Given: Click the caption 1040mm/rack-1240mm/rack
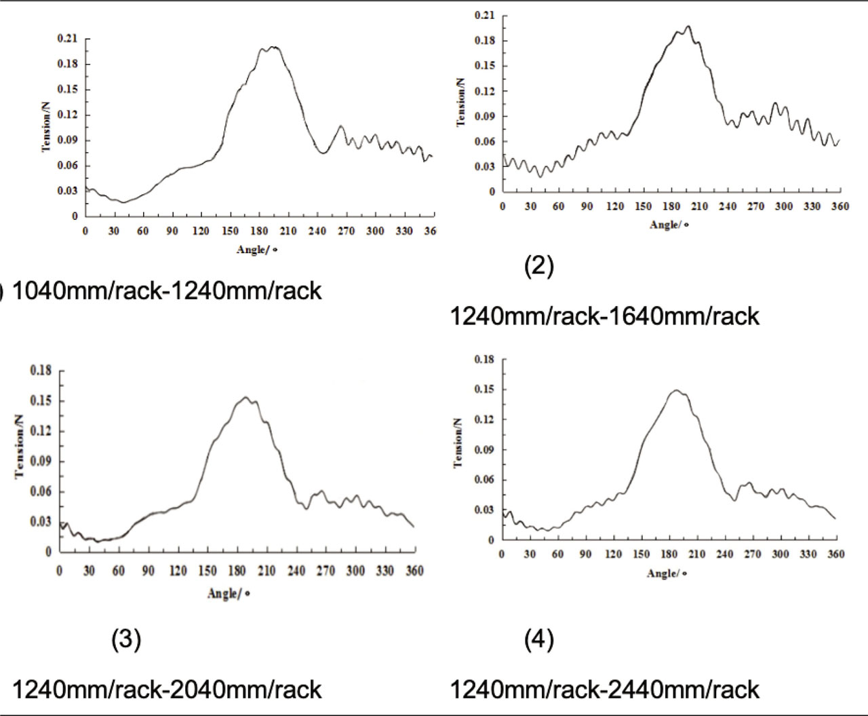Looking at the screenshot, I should click(x=166, y=290).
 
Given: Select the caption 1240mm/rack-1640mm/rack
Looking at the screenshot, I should click(x=604, y=316).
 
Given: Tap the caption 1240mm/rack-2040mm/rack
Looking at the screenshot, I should click(x=166, y=690).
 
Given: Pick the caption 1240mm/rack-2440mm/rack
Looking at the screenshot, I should click(x=604, y=690).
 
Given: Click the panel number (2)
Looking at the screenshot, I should click(x=539, y=266).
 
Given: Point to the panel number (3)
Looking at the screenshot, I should click(x=126, y=639).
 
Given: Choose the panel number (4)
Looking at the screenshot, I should click(x=539, y=639).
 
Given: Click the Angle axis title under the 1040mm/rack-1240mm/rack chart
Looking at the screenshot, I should click(x=257, y=250).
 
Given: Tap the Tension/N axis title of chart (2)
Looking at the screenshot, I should click(x=461, y=102).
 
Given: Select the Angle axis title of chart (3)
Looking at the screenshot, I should click(x=229, y=594).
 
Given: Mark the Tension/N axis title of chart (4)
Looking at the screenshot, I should click(x=458, y=442).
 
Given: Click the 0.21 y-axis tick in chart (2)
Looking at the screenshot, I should click(x=485, y=15).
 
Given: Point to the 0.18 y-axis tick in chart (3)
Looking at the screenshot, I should click(x=41, y=371).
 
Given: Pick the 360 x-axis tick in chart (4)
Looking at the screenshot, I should click(x=836, y=554).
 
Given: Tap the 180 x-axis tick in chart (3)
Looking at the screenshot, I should click(x=237, y=571).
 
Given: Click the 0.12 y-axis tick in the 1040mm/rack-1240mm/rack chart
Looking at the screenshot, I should click(x=67, y=115).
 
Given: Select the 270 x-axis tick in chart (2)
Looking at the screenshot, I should click(x=755, y=206).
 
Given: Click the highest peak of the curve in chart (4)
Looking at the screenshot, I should click(x=675, y=390).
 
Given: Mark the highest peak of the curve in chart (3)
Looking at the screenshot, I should click(x=245, y=397).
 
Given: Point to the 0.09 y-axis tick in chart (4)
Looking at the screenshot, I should click(x=484, y=449).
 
